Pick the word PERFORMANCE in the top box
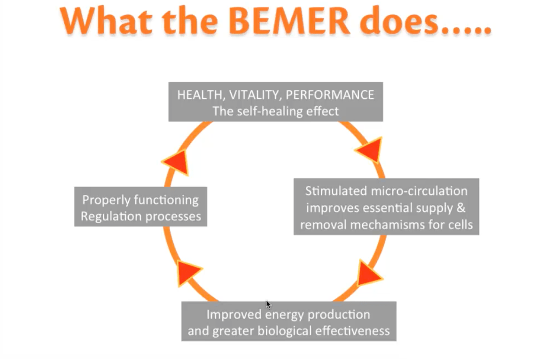point(330,94)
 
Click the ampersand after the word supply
point(461,208)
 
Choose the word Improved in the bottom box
point(235,314)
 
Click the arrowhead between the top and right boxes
point(369,150)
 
